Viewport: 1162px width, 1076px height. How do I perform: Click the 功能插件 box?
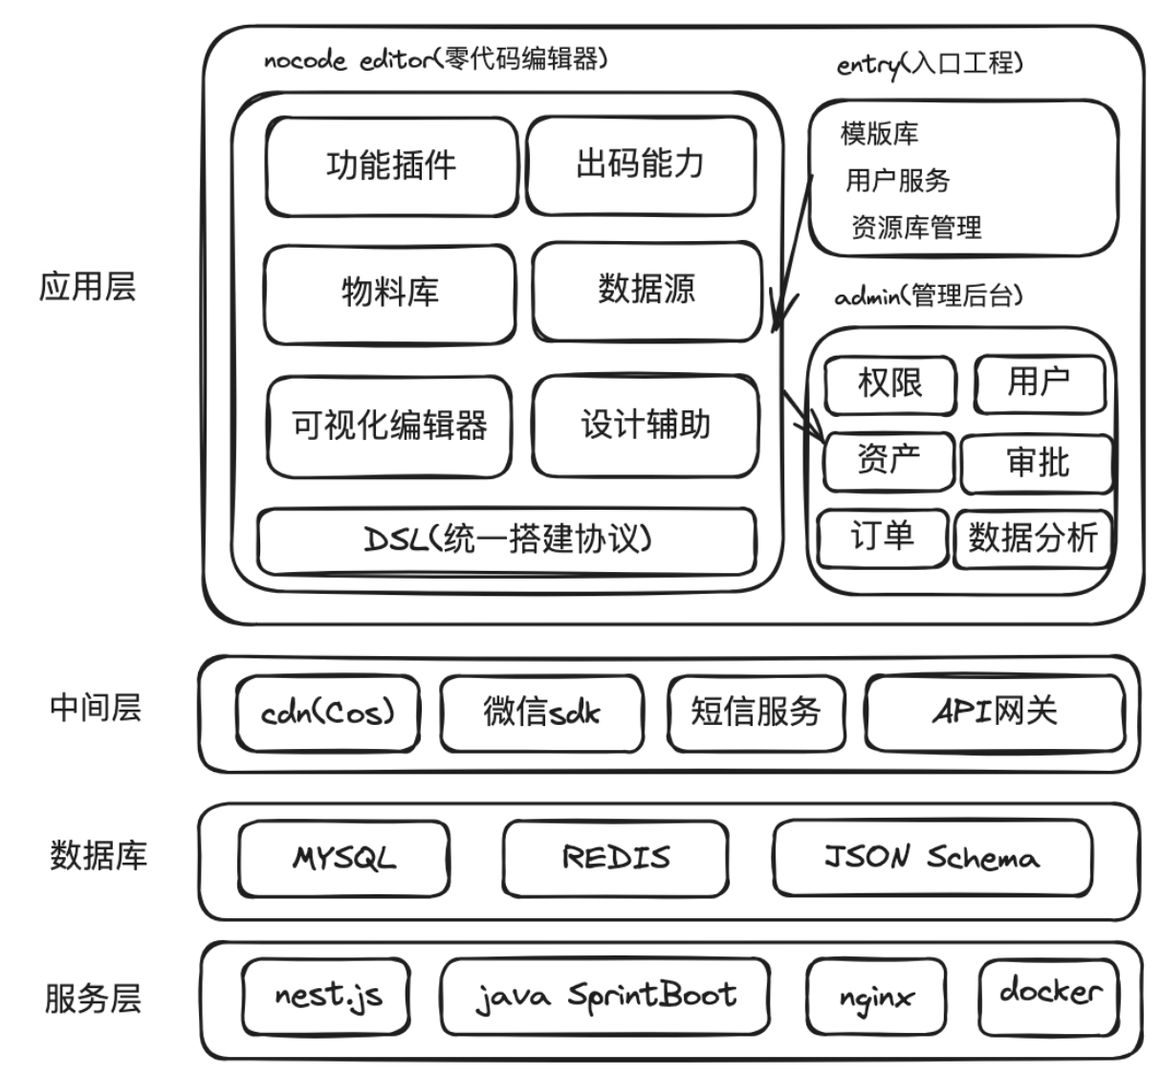(391, 166)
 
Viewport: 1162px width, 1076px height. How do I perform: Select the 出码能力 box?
(640, 165)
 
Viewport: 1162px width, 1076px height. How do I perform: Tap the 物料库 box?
(389, 292)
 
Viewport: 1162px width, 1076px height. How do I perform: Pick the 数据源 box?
(647, 290)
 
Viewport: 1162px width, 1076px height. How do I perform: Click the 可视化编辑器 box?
(389, 426)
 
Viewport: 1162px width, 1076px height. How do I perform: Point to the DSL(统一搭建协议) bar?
(507, 540)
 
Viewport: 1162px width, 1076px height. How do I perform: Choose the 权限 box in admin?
(889, 384)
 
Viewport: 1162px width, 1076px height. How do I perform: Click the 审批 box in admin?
(1038, 463)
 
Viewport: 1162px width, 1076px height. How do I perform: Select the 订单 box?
(882, 537)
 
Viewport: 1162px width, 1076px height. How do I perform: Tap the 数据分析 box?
(1032, 538)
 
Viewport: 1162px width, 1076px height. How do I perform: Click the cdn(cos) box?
(327, 714)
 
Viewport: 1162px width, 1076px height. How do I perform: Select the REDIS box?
(615, 858)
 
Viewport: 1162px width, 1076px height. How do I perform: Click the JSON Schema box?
(932, 858)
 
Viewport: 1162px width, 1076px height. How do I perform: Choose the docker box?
(1049, 993)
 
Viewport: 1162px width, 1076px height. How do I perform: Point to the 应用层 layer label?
(88, 287)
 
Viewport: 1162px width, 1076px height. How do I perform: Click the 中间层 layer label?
(96, 709)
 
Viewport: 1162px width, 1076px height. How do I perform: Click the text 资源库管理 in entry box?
(916, 228)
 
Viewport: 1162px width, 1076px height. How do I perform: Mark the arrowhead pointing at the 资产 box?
(816, 428)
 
